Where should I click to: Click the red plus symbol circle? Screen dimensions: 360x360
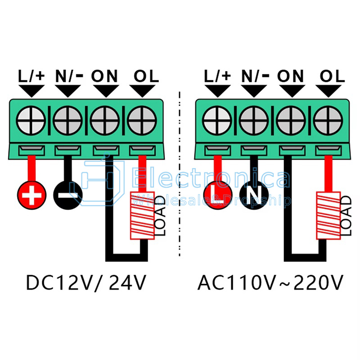(x=31, y=195)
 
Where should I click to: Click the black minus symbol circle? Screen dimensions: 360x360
(x=68, y=195)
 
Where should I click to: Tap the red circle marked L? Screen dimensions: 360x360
(x=218, y=195)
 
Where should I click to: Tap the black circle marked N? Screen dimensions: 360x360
(x=254, y=195)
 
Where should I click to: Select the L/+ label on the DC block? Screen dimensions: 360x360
(x=31, y=76)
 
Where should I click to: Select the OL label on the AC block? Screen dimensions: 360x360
(x=332, y=76)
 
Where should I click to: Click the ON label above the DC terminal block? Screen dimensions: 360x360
(x=104, y=76)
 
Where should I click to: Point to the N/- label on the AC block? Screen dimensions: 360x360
(x=255, y=76)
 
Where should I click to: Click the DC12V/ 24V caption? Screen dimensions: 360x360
(x=86, y=283)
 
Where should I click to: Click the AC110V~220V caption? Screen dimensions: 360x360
(x=270, y=283)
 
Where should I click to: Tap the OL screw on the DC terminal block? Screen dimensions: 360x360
(x=142, y=120)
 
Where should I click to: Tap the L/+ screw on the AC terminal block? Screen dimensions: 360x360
(x=217, y=120)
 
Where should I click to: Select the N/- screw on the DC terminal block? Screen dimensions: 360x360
(x=67, y=120)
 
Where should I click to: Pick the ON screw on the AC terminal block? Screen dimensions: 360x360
(x=291, y=120)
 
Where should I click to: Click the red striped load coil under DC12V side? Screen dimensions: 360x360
(x=142, y=216)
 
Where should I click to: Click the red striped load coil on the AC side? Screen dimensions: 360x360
(x=328, y=216)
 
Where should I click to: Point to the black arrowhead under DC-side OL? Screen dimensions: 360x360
(x=142, y=91)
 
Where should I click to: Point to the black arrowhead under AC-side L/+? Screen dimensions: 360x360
(x=218, y=91)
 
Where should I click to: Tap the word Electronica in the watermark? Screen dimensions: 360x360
(x=211, y=178)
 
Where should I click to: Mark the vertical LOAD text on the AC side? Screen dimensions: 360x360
(x=346, y=216)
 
